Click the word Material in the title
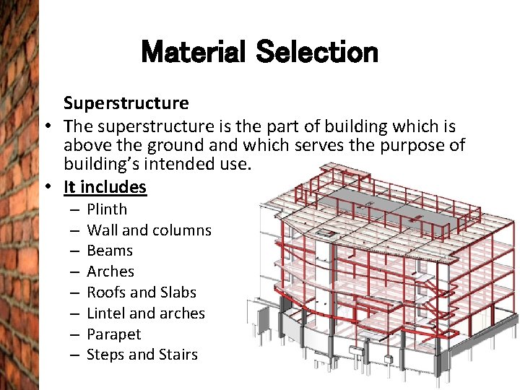tap(194, 52)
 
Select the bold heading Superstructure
tap(126, 103)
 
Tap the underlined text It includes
tap(105, 187)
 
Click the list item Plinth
tap(107, 209)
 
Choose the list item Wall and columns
tap(149, 230)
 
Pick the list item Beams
tap(110, 251)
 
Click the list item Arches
tap(110, 272)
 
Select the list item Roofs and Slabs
tap(142, 292)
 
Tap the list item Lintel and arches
tap(146, 313)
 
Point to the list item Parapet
tap(113, 334)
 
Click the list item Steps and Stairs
tap(142, 355)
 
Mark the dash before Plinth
tap(74, 210)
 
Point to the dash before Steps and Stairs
tap(74, 355)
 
